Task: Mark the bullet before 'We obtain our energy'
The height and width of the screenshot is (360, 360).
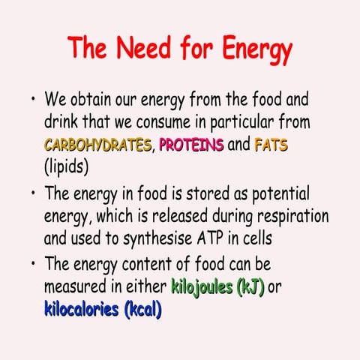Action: tap(33, 98)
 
